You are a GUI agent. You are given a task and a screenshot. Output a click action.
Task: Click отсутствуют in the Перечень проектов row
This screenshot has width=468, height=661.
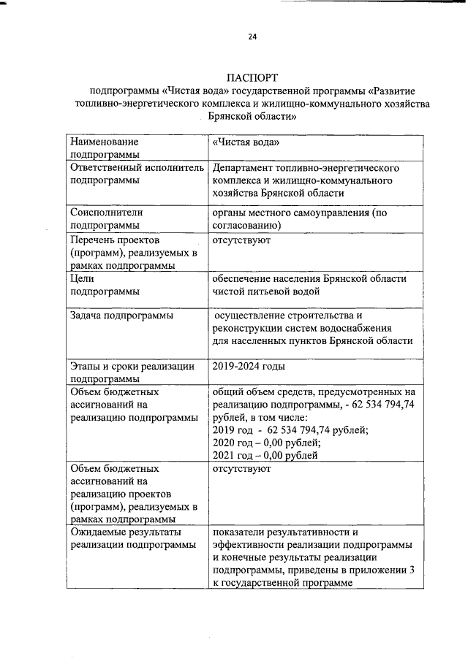pos(242,240)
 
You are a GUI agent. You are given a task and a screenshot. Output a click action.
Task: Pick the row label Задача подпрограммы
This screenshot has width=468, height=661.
pos(121,316)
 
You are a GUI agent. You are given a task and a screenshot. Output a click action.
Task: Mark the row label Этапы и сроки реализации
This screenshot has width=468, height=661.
pos(132,367)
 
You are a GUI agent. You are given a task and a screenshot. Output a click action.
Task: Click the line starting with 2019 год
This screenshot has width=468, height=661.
pos(290,430)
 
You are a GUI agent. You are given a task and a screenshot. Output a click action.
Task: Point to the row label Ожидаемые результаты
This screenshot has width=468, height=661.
pos(125,532)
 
